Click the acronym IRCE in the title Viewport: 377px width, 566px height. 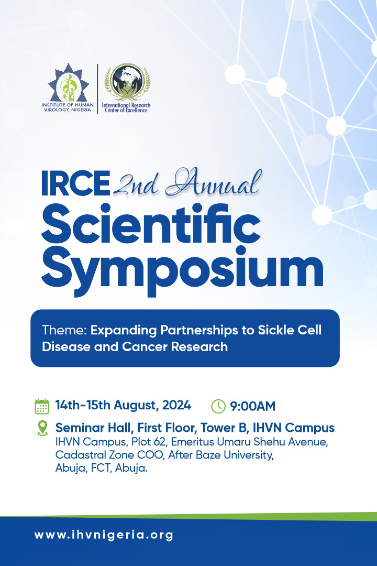75,183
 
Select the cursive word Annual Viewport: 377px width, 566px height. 213,183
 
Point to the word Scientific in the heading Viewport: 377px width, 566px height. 151,224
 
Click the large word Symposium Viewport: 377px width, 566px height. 182,269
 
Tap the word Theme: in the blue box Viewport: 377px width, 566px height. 64,330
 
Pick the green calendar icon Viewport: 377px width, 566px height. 42,407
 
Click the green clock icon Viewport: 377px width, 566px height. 218,407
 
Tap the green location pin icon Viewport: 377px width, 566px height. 42,428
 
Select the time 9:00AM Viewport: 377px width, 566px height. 252,406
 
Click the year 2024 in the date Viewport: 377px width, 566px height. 176,405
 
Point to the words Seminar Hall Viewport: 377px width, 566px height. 93,428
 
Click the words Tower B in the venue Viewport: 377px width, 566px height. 224,428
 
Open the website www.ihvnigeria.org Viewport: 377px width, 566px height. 104,535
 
